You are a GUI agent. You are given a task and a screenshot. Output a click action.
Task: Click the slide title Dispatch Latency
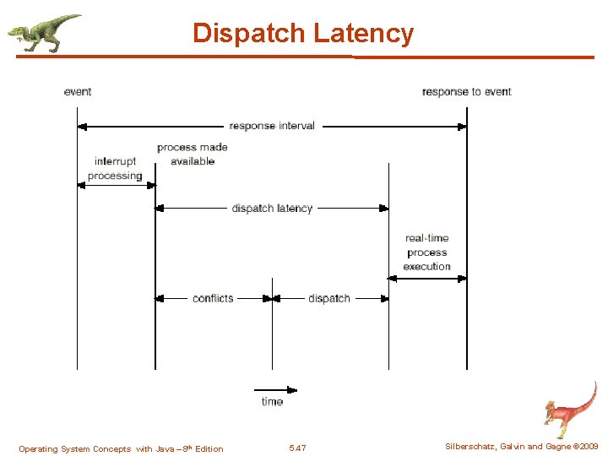point(303,33)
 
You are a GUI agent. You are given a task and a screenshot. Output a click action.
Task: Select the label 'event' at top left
point(78,91)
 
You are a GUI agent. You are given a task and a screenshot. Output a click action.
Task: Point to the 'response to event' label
point(466,91)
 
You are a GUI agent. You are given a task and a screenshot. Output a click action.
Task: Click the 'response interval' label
point(272,126)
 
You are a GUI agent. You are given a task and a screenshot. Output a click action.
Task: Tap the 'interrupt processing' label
point(115,168)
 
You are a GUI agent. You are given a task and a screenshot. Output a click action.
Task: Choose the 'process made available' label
point(193,154)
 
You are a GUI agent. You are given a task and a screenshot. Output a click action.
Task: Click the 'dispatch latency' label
point(272,208)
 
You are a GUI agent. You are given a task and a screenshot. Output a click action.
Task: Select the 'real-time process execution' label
point(426,252)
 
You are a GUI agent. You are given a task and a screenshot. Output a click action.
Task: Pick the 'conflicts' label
point(213,298)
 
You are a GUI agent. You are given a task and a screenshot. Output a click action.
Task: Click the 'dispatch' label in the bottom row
point(329,298)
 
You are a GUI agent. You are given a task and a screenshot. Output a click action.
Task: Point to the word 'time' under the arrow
point(272,402)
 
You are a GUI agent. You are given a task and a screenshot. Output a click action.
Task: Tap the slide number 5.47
point(297,448)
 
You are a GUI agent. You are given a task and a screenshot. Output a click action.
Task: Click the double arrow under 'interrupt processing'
point(116,184)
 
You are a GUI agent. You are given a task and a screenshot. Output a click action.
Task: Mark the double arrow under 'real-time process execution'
point(427,277)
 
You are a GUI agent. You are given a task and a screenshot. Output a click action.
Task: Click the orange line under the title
point(304,57)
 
